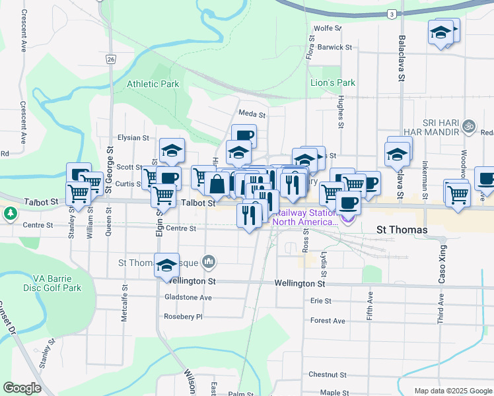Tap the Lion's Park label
coord(333,82)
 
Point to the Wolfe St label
coord(328,28)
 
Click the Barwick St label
coord(334,47)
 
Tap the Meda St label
coord(252,114)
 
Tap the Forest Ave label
coord(328,321)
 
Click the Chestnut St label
coord(328,374)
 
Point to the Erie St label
coord(320,301)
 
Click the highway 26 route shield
coord(110,59)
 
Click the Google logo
coord(22,388)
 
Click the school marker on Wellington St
coord(167,266)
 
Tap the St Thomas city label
coord(402,230)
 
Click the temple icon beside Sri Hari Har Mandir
coord(469,125)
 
